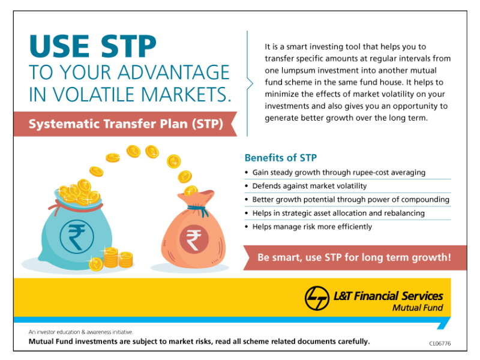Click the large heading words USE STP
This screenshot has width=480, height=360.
coord(93,47)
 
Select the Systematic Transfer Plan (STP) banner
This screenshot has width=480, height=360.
coord(126,125)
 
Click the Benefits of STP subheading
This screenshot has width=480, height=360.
coord(280,158)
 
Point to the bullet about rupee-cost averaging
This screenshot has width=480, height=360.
coord(338,172)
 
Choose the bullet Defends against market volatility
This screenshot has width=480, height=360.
coord(309,186)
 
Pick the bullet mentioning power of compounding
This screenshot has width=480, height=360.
coord(350,200)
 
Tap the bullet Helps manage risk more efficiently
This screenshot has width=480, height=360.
coord(312,227)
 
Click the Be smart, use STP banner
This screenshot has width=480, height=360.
coord(353,257)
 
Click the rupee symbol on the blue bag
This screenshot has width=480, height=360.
coord(76,236)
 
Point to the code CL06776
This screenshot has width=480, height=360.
coord(440,343)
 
